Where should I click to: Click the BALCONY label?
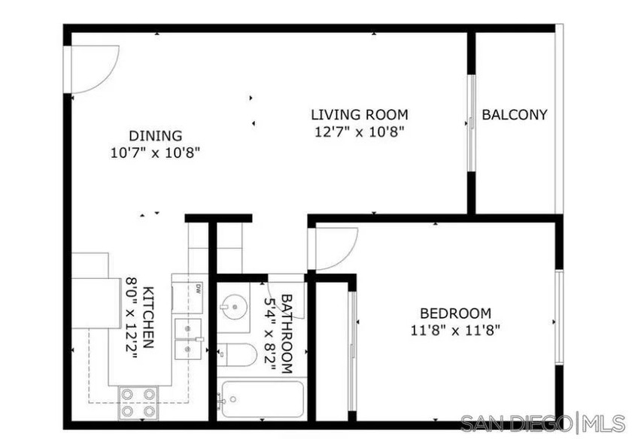pyautogui.click(x=515, y=115)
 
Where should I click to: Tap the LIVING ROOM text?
pyautogui.click(x=360, y=115)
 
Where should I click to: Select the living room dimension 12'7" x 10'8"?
pyautogui.click(x=360, y=133)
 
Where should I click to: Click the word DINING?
pyautogui.click(x=156, y=136)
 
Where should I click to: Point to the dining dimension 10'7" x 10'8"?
pyautogui.click(x=156, y=153)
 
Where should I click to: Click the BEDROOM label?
pyautogui.click(x=455, y=313)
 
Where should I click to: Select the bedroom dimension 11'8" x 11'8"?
pyautogui.click(x=455, y=330)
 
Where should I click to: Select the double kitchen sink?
pyautogui.click(x=187, y=340)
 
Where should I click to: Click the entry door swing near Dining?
pyautogui.click(x=92, y=68)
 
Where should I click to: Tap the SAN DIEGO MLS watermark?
pyautogui.click(x=542, y=423)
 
